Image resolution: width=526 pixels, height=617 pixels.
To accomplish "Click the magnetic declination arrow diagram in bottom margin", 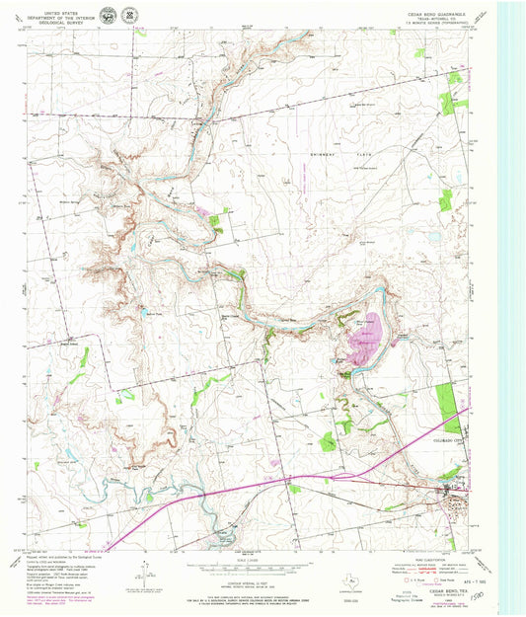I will (x=144, y=572).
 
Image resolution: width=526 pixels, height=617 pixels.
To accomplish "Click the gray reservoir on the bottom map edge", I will (x=227, y=539).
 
